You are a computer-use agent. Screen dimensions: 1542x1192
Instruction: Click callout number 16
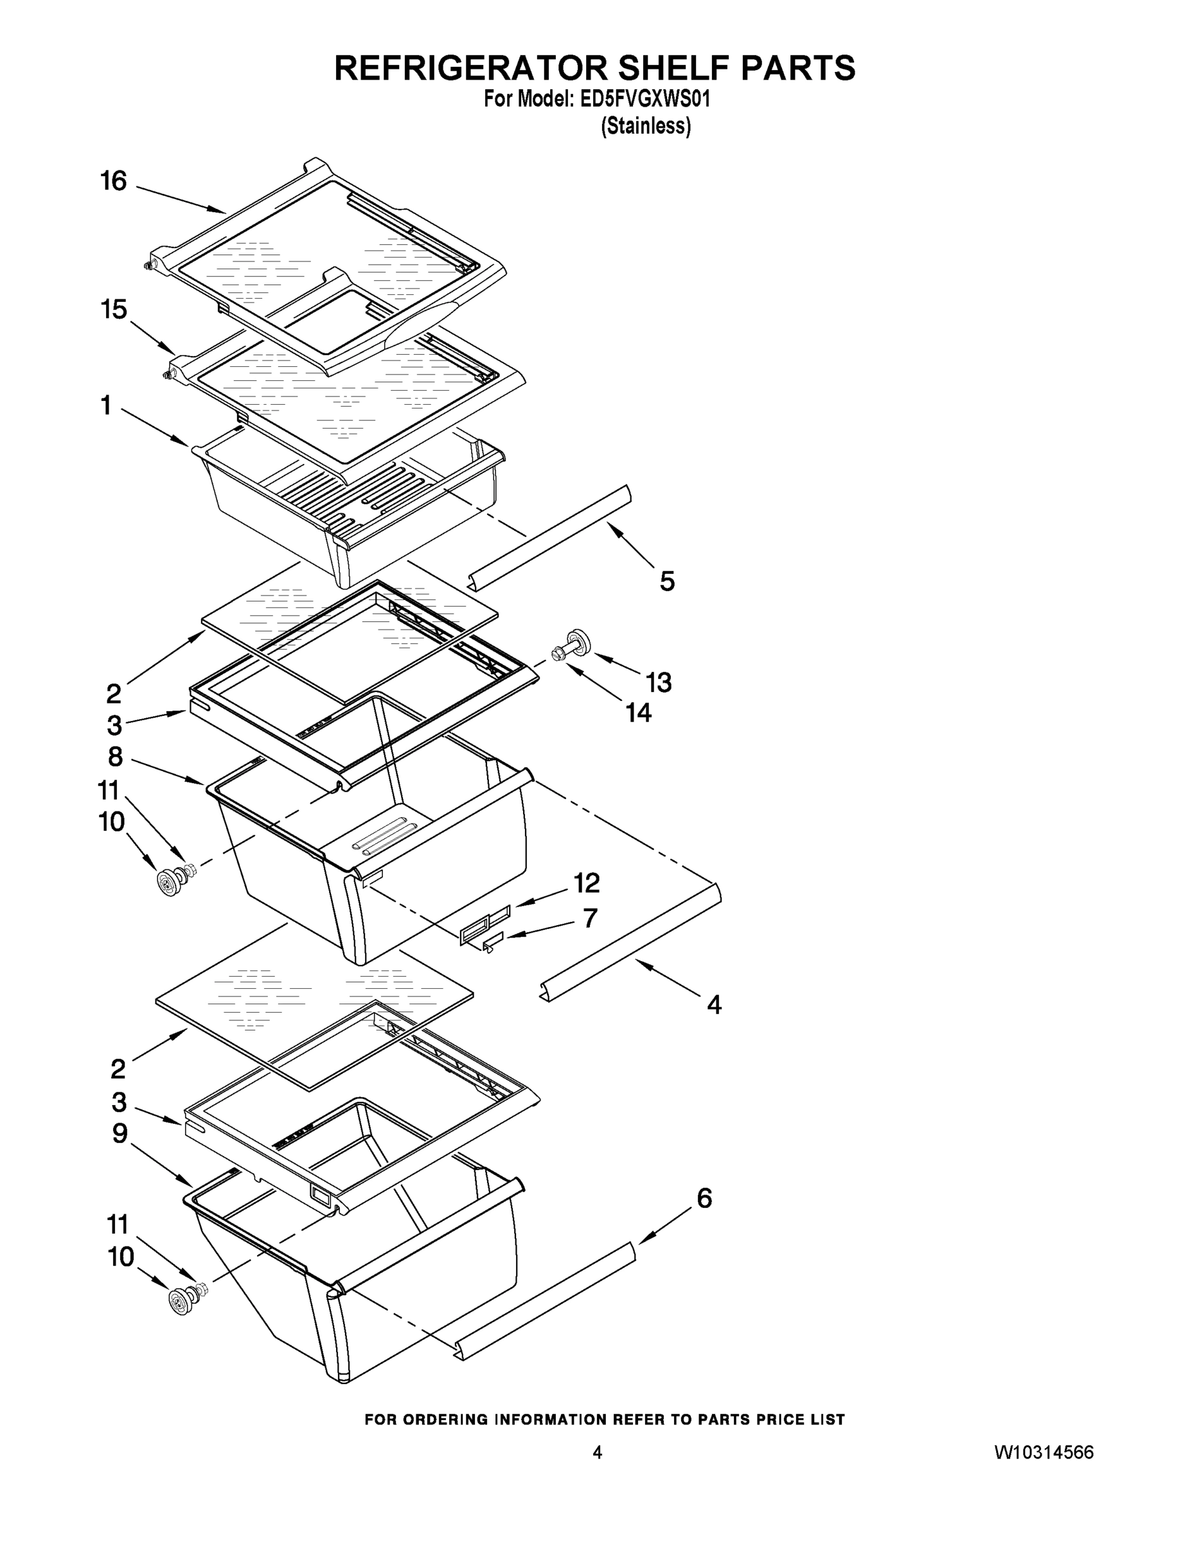(113, 181)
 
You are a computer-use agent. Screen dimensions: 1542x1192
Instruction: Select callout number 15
(114, 309)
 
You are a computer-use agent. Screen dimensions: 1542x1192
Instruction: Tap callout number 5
(666, 581)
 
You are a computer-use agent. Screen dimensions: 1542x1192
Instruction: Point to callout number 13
(658, 682)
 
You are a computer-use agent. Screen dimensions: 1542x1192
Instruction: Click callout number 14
(638, 713)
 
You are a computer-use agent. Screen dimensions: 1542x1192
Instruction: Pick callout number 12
(586, 883)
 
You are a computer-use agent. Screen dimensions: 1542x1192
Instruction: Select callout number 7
(591, 918)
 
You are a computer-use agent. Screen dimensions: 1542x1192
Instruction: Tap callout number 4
(714, 1004)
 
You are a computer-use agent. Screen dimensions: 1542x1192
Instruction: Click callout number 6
(704, 1198)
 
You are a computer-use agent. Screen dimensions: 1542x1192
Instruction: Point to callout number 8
(115, 757)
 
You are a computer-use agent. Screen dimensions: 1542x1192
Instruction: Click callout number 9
(120, 1134)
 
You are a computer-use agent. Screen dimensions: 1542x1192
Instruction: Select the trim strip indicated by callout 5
(551, 538)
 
